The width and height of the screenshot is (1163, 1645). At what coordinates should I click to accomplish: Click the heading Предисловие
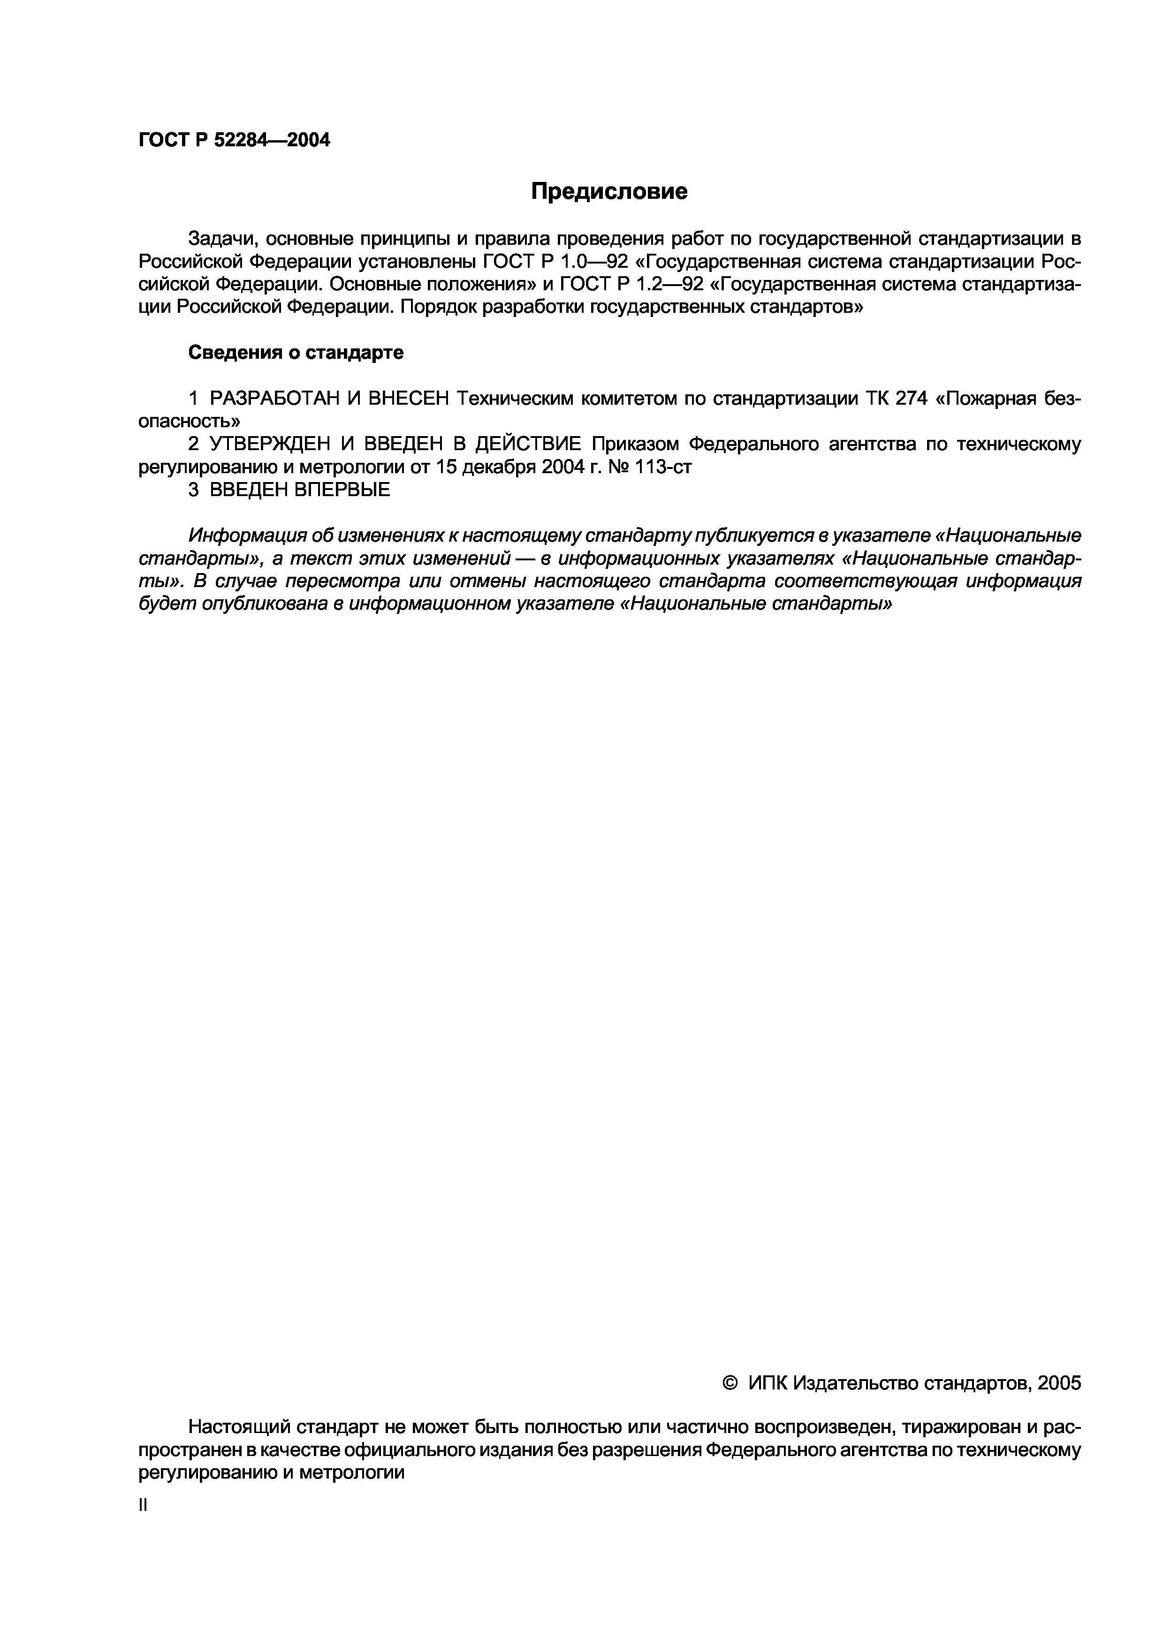[x=608, y=191]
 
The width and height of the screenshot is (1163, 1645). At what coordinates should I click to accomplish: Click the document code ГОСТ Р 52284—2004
[x=234, y=140]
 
